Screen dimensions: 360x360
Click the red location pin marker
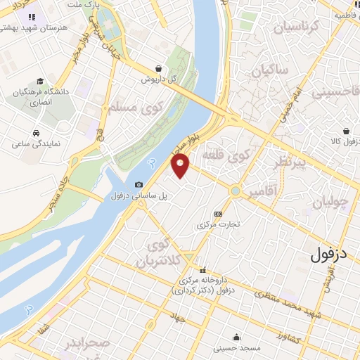(181, 165)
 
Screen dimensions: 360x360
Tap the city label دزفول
(335, 254)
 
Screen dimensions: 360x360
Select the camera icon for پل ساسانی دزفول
(138, 184)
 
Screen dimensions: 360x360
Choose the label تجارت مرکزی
(218, 225)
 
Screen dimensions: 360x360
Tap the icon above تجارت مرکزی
(218, 214)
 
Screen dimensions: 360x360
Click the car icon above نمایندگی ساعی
(35, 133)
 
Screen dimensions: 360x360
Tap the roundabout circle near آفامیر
(236, 191)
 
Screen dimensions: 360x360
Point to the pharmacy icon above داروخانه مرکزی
(202, 270)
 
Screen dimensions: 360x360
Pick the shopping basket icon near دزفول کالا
(347, 131)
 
